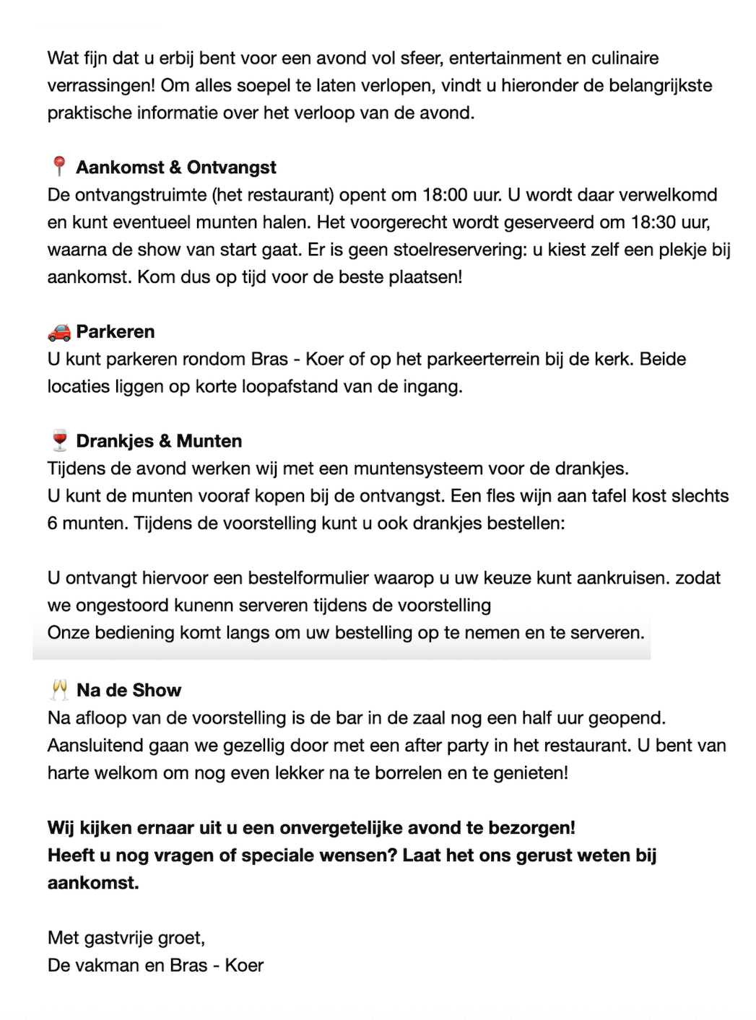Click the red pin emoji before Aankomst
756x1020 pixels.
click(x=59, y=167)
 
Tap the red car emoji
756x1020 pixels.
click(x=59, y=332)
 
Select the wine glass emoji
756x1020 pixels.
click(x=59, y=440)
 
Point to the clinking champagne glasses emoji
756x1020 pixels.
click(x=59, y=690)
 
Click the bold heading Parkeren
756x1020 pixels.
click(x=116, y=332)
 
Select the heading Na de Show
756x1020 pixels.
click(x=129, y=691)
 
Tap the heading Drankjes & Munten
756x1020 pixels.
click(x=159, y=441)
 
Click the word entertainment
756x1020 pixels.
click(x=510, y=58)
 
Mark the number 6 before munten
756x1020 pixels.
click(x=53, y=523)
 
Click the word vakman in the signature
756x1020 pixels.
click(x=106, y=965)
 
